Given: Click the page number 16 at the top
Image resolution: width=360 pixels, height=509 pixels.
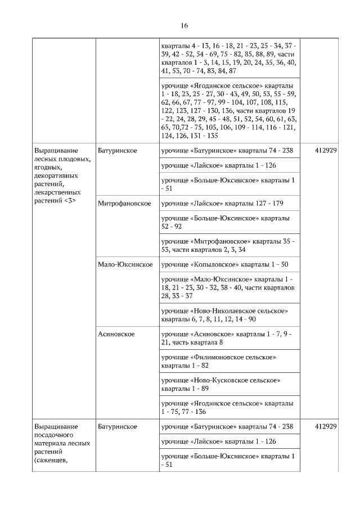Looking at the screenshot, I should [x=184, y=26].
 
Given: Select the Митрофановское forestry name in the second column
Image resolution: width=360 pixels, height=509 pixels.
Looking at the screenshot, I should [x=124, y=204].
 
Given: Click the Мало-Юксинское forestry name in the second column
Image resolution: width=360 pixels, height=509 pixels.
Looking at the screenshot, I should [x=125, y=264].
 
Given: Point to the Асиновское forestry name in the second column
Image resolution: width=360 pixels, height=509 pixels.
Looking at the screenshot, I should [x=116, y=334].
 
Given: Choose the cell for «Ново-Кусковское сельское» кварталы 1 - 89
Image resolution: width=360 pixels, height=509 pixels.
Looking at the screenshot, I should [x=221, y=385].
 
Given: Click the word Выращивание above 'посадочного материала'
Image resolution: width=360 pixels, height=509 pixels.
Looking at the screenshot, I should [x=56, y=426].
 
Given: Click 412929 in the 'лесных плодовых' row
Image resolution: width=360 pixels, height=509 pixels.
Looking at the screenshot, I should [x=326, y=151].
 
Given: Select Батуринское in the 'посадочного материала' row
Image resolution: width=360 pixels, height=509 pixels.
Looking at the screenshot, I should [x=117, y=426].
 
